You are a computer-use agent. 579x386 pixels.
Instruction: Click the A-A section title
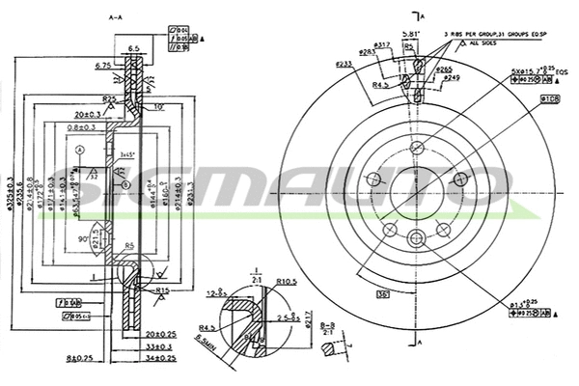click(116, 16)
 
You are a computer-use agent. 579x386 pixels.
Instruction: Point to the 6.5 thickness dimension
click(134, 47)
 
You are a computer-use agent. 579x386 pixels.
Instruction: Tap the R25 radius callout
click(110, 99)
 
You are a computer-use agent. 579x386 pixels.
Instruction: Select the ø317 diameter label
click(381, 44)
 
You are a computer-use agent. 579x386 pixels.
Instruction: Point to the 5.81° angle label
click(409, 38)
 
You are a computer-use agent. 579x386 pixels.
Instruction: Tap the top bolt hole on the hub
click(416, 148)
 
